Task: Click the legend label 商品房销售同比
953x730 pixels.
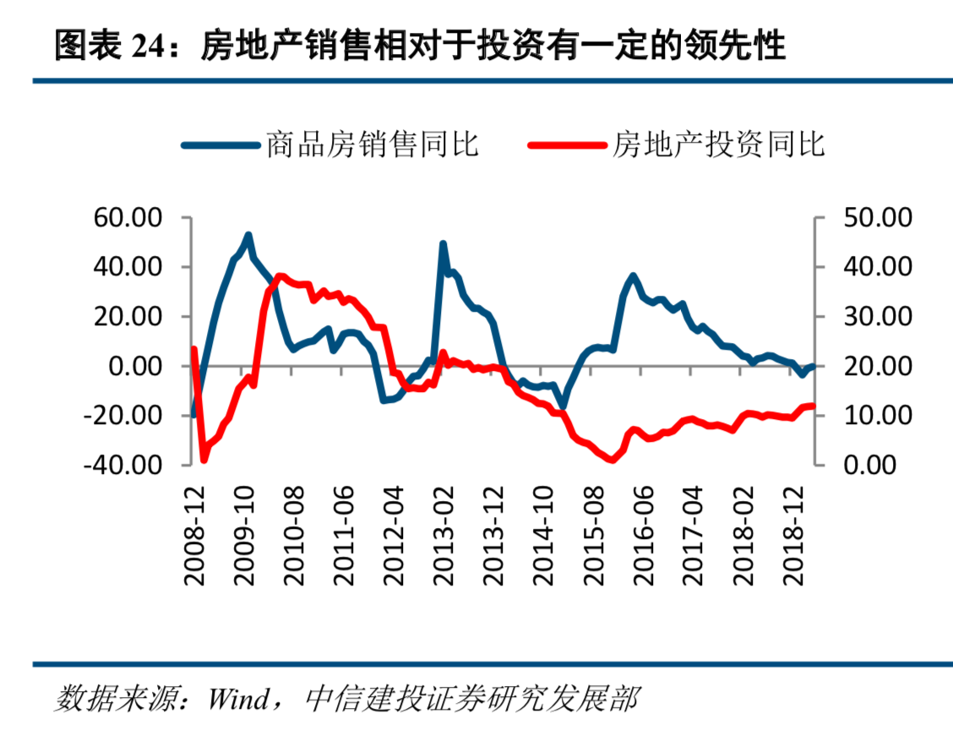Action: [373, 144]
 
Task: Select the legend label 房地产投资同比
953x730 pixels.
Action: [718, 144]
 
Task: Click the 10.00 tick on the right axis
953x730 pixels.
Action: [877, 415]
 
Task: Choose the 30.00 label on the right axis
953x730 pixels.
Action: [877, 316]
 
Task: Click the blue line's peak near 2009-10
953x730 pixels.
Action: [248, 235]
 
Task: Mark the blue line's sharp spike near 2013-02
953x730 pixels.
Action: [443, 243]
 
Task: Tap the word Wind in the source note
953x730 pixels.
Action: [239, 699]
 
